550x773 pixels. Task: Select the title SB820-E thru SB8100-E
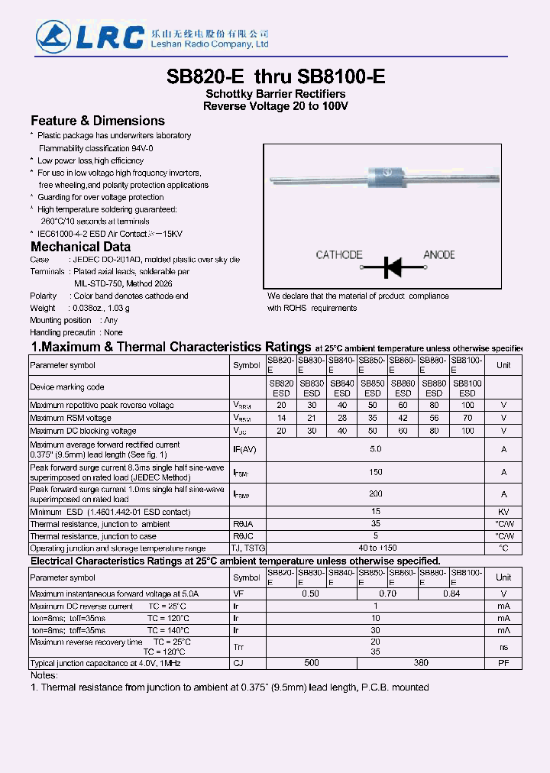pos(275,76)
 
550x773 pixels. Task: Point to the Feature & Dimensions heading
pos(97,121)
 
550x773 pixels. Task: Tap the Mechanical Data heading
pos(80,247)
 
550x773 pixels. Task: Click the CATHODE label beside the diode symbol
pos(338,255)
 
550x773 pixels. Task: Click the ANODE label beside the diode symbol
pos(438,255)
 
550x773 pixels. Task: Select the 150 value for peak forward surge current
pos(375,472)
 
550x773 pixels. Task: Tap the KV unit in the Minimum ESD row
pos(503,512)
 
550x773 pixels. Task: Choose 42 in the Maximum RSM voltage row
pos(403,418)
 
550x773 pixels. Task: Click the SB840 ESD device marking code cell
pos(342,388)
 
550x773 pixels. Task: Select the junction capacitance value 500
pos(312,662)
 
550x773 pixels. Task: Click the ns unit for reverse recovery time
pos(503,647)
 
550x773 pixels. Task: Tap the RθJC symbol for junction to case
pos(243,536)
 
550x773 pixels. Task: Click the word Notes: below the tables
pos(44,675)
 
